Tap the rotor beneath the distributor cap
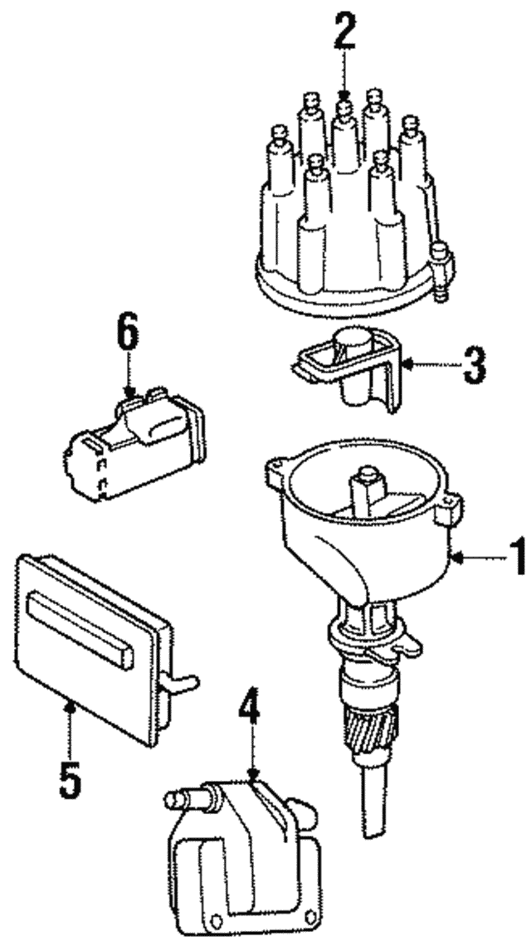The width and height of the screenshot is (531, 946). click(x=353, y=369)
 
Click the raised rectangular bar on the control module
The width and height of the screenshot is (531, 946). click(x=79, y=627)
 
